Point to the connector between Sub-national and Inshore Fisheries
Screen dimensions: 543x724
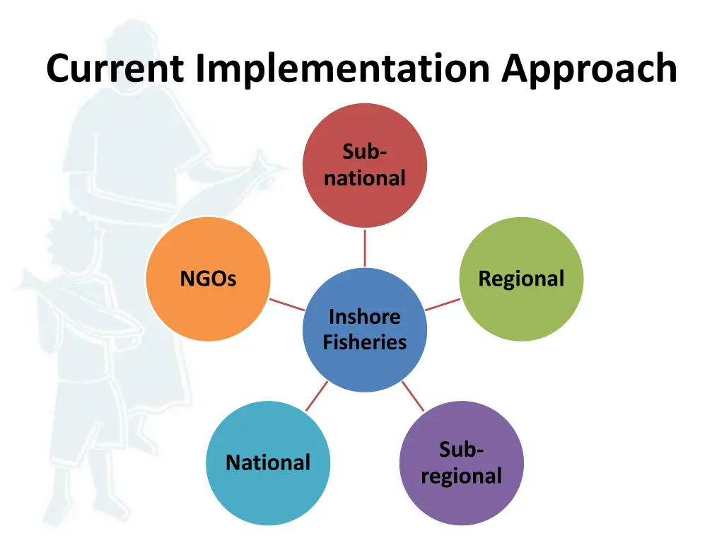tap(365, 247)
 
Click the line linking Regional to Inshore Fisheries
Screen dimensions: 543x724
tap(443, 305)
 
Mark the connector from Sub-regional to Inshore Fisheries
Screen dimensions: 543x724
tap(413, 396)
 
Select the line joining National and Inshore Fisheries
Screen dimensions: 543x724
tap(317, 396)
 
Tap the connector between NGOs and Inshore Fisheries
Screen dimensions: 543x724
tap(287, 305)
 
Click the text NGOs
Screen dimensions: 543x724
tap(208, 279)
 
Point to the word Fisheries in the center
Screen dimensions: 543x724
tap(365, 343)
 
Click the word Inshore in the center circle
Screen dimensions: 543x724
tap(365, 317)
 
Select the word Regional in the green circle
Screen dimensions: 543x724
tap(521, 279)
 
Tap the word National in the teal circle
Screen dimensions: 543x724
tap(268, 463)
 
